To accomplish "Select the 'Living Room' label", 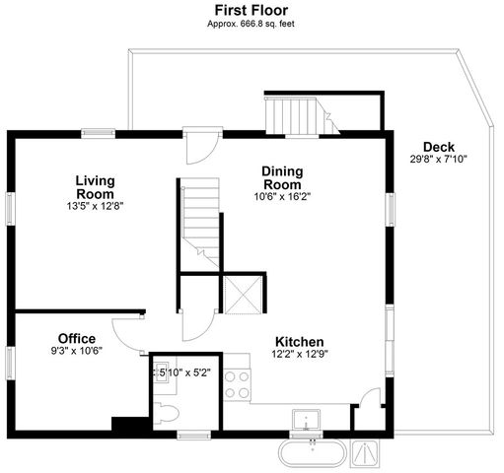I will point(95,186).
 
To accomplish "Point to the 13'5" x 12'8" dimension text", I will point(95,207).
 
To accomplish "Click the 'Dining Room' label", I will point(281,177).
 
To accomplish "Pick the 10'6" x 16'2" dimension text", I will point(281,196).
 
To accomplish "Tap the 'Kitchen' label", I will point(300,342).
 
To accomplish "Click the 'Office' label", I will point(76,338).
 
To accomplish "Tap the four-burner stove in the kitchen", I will point(237,383).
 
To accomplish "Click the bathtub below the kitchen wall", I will point(312,453).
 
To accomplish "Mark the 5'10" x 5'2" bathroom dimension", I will point(181,372).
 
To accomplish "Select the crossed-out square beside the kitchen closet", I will point(241,295).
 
